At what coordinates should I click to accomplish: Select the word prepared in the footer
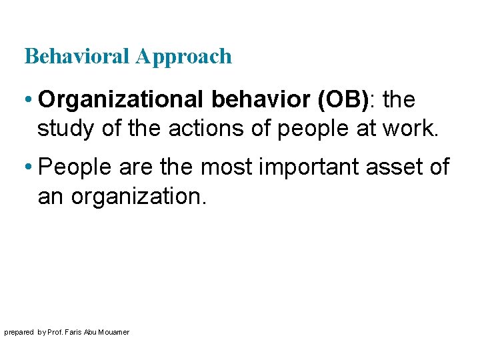coord(19,332)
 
